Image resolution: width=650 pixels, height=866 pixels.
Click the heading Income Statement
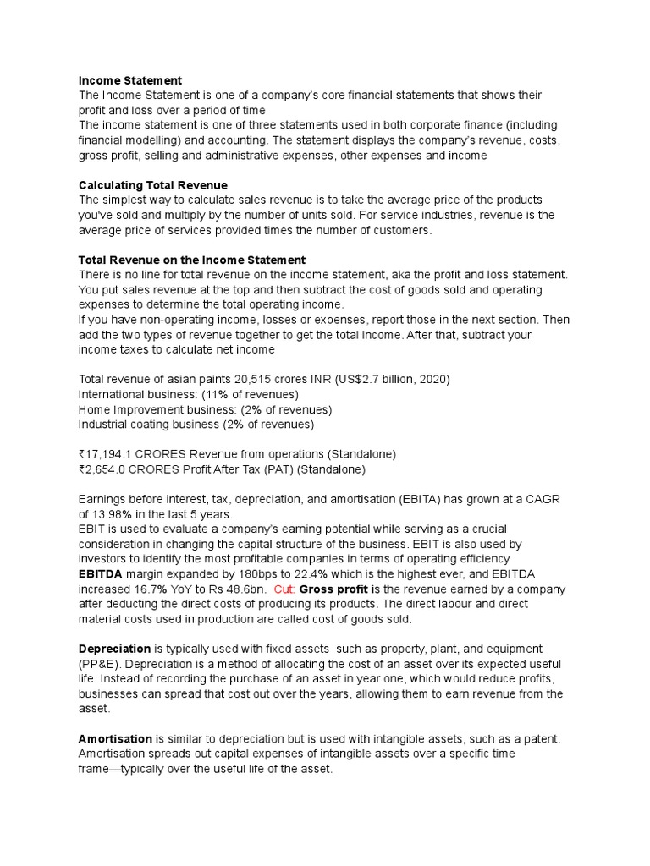129,80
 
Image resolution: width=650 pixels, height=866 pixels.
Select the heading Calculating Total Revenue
152,185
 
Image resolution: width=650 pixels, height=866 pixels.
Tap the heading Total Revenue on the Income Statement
191,260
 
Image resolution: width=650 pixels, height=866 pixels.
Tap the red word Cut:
284,589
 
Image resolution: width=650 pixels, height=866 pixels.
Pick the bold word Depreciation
114,649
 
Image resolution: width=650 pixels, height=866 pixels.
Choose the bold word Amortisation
115,738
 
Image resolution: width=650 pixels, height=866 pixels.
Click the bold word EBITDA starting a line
101,573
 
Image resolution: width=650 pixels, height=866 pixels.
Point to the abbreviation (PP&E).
100,664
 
